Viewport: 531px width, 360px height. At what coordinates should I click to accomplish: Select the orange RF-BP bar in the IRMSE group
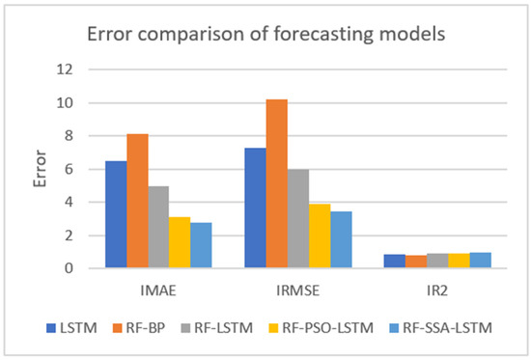tap(276, 183)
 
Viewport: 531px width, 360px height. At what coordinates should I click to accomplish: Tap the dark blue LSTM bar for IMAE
tap(115, 214)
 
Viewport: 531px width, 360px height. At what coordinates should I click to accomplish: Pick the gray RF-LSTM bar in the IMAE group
tap(157, 227)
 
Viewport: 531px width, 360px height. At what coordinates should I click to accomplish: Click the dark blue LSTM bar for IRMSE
tap(255, 208)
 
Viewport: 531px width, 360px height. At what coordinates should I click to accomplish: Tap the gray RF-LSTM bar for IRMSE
tap(297, 218)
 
